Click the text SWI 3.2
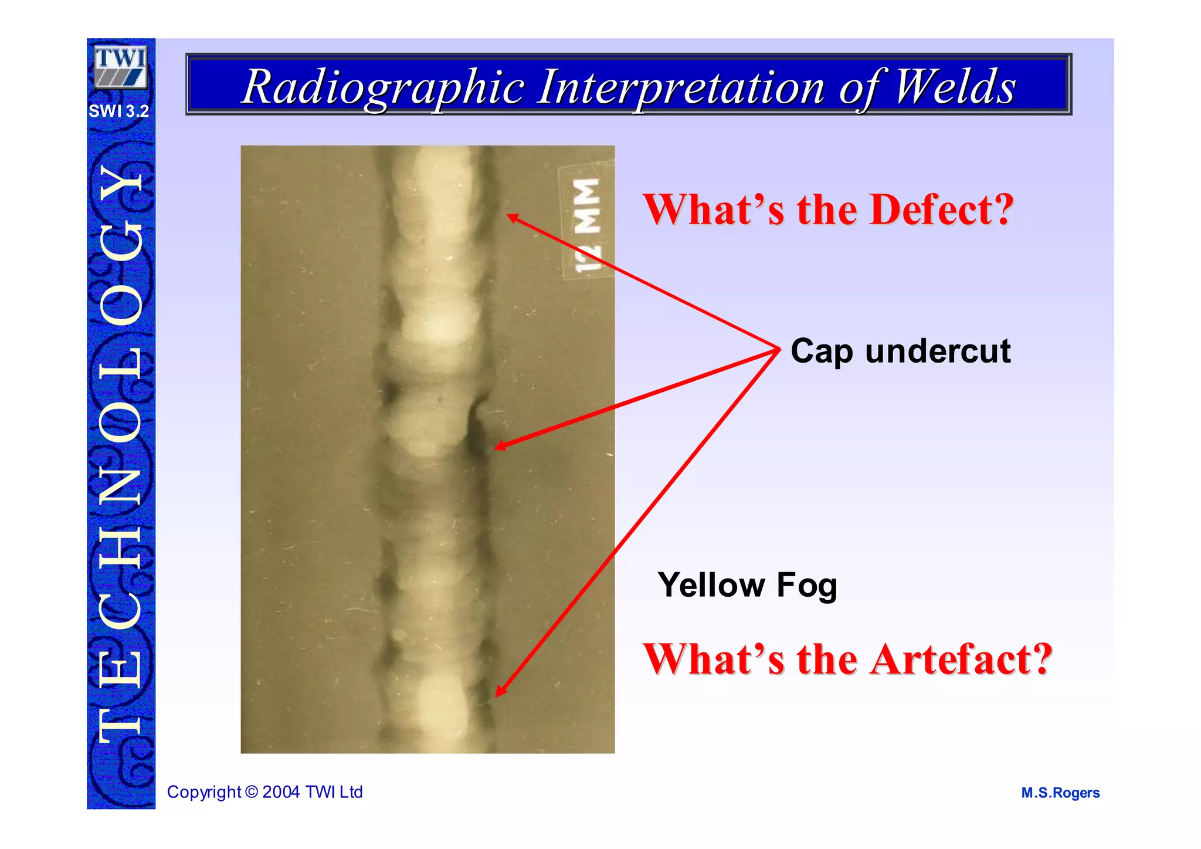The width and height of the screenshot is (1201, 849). coord(119,111)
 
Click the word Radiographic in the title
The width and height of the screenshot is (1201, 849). coord(382,87)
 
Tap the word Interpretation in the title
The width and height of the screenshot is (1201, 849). coord(681,87)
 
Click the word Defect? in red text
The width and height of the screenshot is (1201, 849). coord(942,209)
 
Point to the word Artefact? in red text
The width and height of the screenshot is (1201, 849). coord(961,659)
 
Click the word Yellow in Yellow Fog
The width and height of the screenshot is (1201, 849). coord(711,585)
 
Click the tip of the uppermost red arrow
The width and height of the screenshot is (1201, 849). coord(508,215)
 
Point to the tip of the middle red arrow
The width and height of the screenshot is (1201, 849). coord(496,448)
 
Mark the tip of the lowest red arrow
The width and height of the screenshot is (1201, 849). coord(497,696)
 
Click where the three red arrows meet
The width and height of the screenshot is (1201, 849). coord(779,350)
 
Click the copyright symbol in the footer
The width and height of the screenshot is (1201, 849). coord(252,792)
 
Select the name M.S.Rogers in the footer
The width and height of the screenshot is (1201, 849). coord(1060,793)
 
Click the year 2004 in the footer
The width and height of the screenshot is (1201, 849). coord(281,792)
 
